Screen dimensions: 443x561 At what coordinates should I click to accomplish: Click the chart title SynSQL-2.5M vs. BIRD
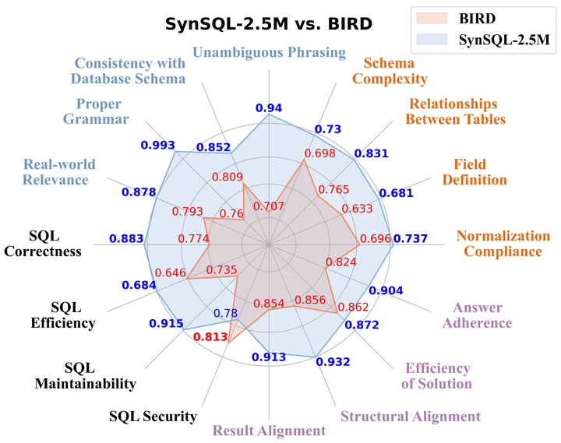tap(269, 23)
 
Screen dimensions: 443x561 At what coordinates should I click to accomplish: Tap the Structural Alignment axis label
tap(411, 416)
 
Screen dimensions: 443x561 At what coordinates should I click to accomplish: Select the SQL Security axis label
tap(153, 416)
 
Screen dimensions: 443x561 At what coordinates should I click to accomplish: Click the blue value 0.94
tap(269, 108)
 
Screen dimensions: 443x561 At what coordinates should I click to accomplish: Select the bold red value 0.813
tap(210, 337)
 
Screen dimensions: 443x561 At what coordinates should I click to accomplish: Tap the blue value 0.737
tap(411, 239)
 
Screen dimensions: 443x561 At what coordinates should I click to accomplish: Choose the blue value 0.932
tap(333, 361)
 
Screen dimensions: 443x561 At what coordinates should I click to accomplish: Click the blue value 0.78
tap(225, 314)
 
